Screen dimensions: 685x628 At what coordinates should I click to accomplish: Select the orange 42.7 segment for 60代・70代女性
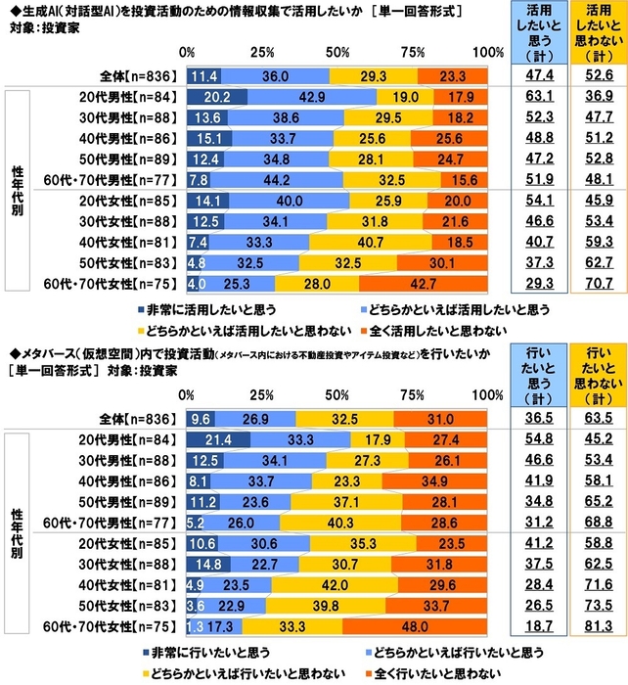(423, 284)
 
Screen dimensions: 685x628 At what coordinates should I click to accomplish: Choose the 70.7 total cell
(594, 284)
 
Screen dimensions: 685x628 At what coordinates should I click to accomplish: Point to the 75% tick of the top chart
(412, 51)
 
